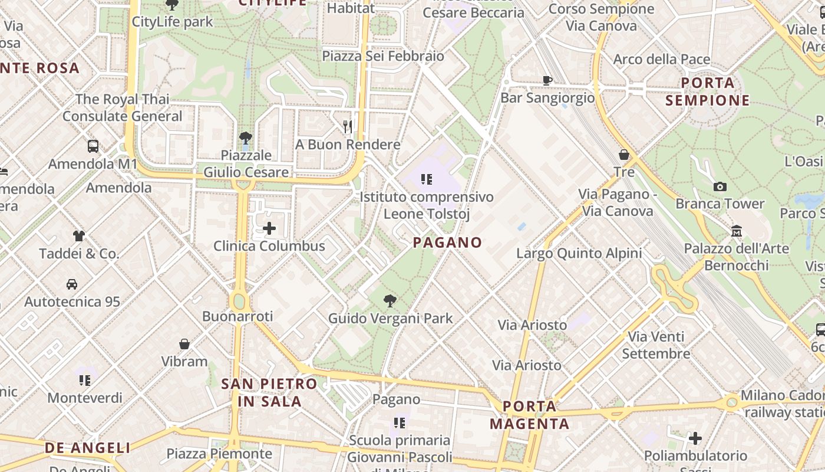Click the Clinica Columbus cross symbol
coord(269,228)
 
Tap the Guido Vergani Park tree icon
coord(390,301)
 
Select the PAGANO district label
coord(447,242)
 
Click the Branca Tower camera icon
coord(720,187)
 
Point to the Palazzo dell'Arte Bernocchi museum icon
coord(736,231)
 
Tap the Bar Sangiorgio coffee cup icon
coord(547,80)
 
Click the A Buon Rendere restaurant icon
coord(348,126)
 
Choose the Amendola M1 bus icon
coord(93,146)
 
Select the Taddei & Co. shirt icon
coord(79,236)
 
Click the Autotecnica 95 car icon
coord(72,284)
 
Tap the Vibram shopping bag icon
coord(184,344)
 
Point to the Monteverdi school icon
coord(85,381)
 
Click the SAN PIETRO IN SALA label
coord(269,392)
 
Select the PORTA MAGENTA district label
coord(529,415)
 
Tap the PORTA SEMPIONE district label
coord(708,91)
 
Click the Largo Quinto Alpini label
coord(579,254)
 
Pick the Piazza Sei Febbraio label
coord(383,56)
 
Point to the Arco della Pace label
coord(662,59)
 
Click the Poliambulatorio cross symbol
coord(695,438)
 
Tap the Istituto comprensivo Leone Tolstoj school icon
coord(427,179)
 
